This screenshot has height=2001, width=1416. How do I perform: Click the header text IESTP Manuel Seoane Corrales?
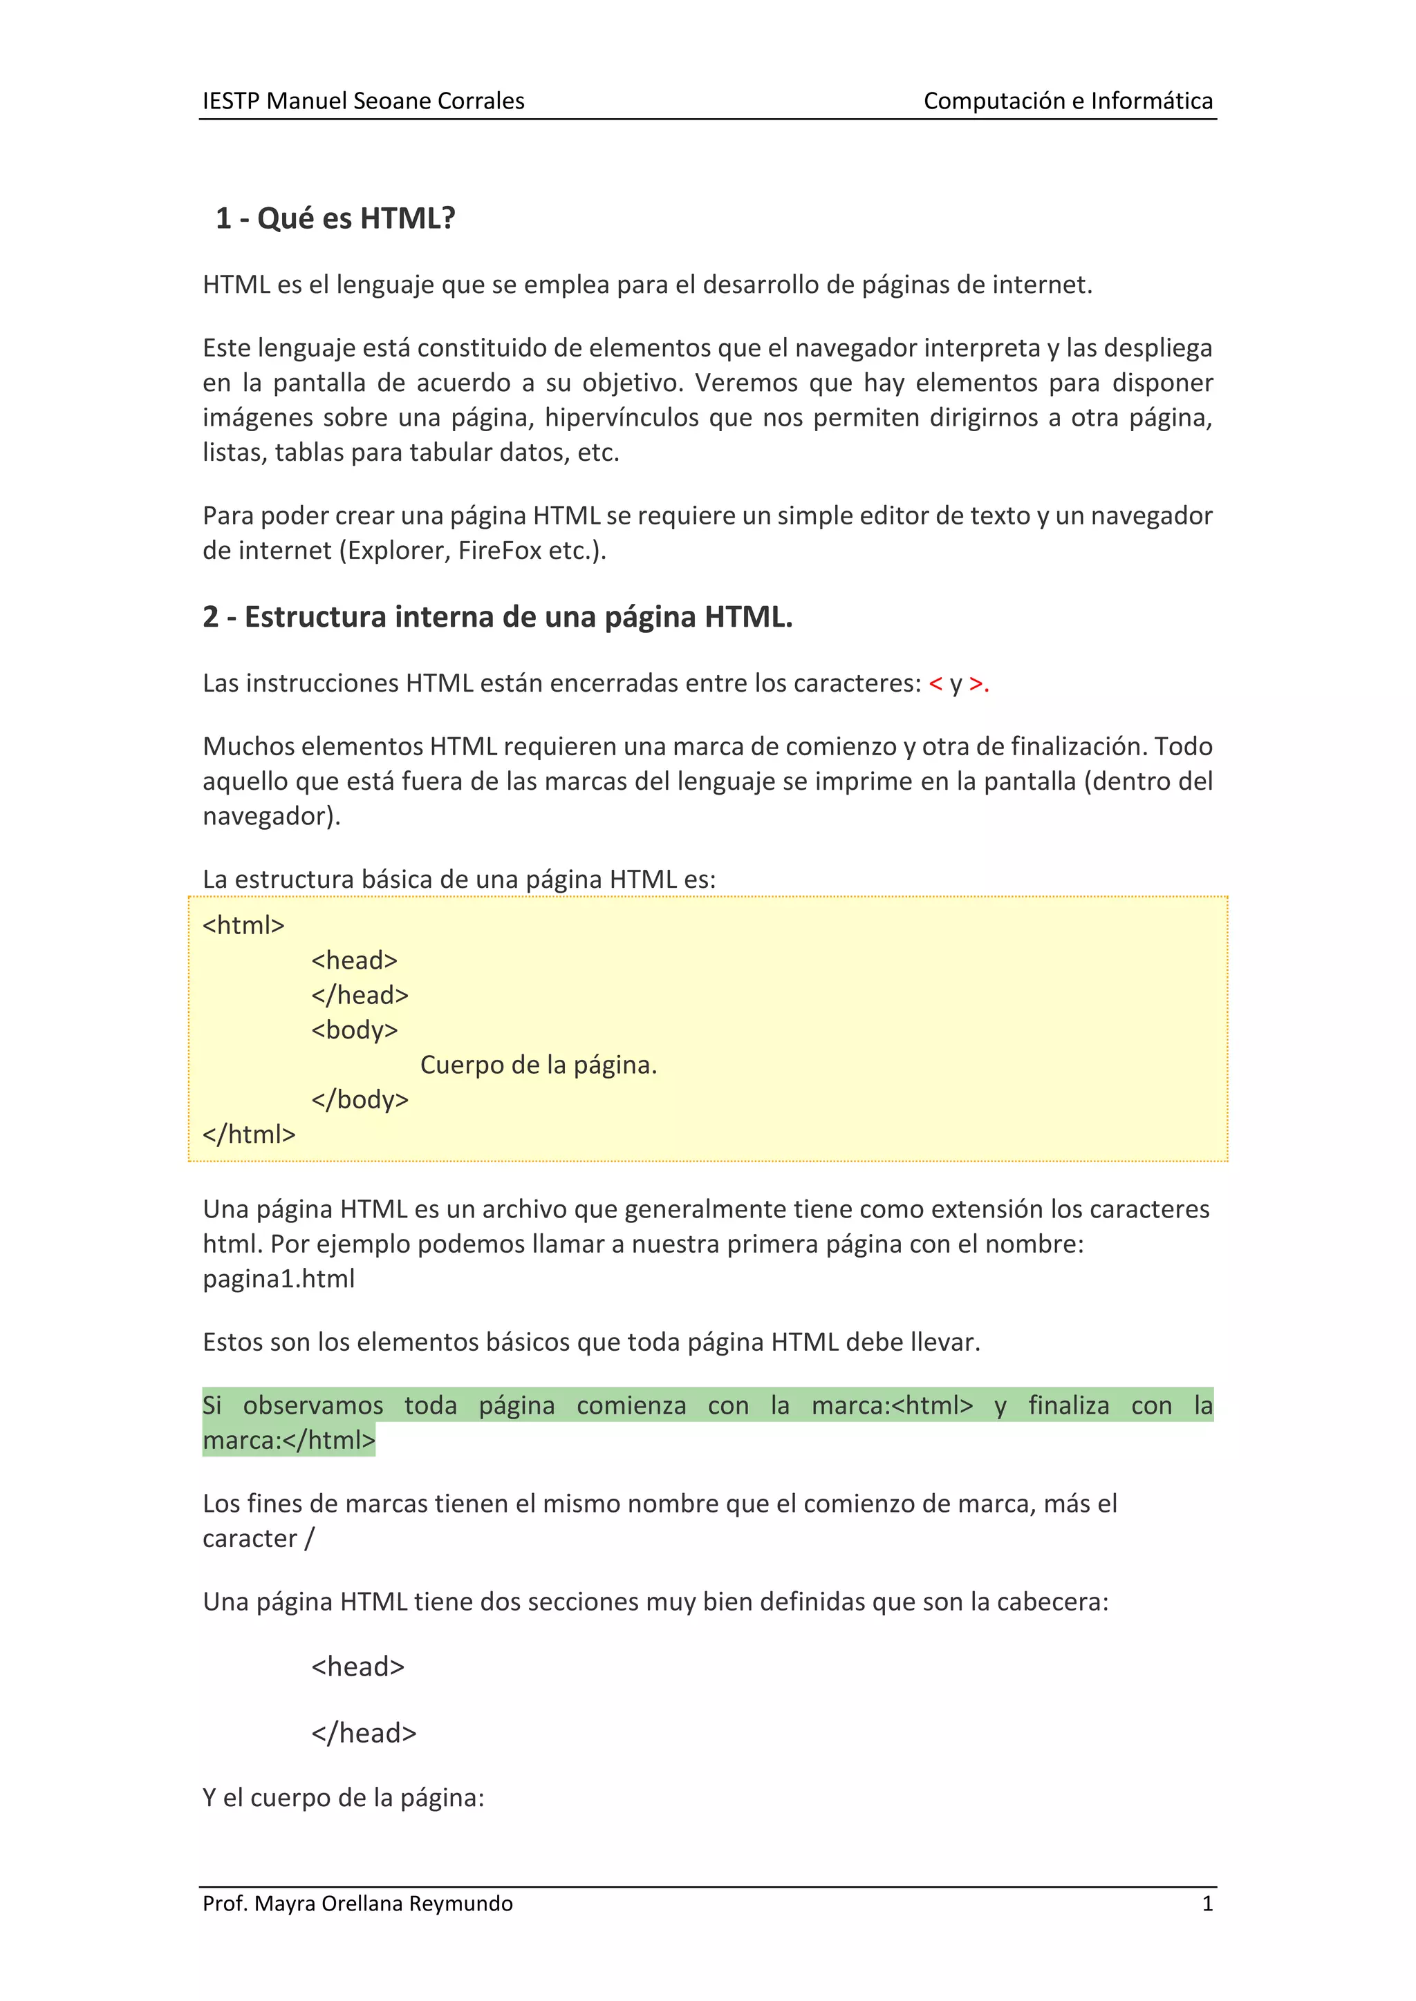(x=363, y=101)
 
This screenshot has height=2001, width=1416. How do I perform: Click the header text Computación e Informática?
(x=1068, y=101)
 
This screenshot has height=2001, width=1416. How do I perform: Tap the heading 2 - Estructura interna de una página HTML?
(x=497, y=617)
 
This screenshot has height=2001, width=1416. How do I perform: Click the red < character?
(x=935, y=684)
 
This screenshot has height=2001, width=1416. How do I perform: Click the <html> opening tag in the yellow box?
(x=243, y=926)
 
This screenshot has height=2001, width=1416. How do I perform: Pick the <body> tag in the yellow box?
(x=354, y=1030)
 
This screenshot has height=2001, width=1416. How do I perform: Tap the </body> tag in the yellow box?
(x=360, y=1100)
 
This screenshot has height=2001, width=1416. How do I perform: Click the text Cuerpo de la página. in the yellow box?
(x=538, y=1065)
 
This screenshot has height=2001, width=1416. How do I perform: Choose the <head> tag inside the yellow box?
(x=354, y=960)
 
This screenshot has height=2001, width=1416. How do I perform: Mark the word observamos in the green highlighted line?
(x=313, y=1406)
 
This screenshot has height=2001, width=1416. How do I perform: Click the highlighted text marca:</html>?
(x=288, y=1441)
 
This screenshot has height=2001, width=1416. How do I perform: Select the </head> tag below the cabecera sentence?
(x=364, y=1733)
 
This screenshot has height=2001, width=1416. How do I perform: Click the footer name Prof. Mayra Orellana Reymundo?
(x=357, y=1904)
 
